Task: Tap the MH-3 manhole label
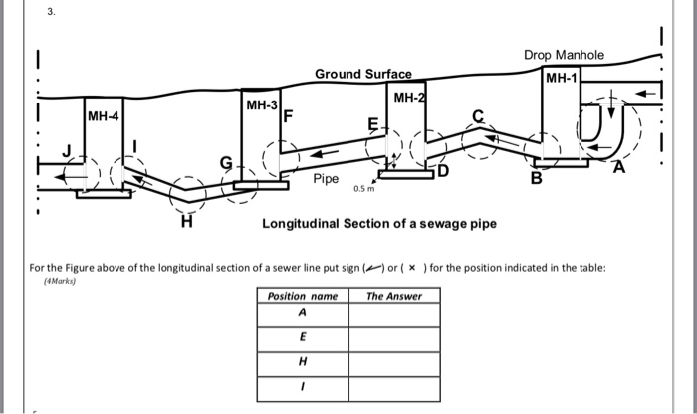pos(262,104)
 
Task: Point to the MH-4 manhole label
pos(103,117)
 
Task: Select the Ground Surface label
pos(355,75)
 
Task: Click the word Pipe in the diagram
pos(326,180)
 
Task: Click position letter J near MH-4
pos(68,152)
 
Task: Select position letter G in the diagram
pos(225,161)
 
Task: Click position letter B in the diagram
pos(536,180)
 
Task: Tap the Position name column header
pos(303,296)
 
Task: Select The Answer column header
pos(393,296)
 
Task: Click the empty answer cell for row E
pos(393,339)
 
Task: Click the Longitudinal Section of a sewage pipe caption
pos(378,224)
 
